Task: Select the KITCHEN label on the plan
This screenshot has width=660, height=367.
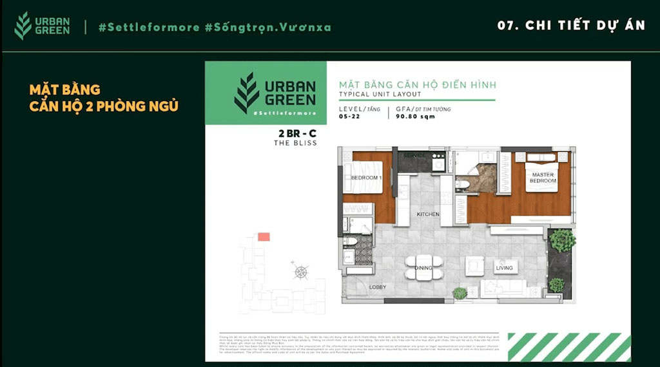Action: pos(427,214)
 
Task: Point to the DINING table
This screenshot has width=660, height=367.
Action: pos(423,267)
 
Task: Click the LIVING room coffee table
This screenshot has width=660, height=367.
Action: pos(474,266)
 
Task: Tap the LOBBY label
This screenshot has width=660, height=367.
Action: pos(378,287)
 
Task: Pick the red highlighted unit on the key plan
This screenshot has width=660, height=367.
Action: pos(264,237)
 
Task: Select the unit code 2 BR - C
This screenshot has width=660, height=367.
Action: pos(295,133)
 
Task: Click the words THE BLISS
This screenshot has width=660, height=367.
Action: pos(295,143)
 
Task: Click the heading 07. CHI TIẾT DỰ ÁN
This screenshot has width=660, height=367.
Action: pos(571,26)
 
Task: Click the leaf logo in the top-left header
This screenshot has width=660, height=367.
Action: pos(23,26)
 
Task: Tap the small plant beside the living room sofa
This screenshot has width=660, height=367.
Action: pos(460,293)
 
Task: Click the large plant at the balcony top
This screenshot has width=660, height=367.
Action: pos(563,241)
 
